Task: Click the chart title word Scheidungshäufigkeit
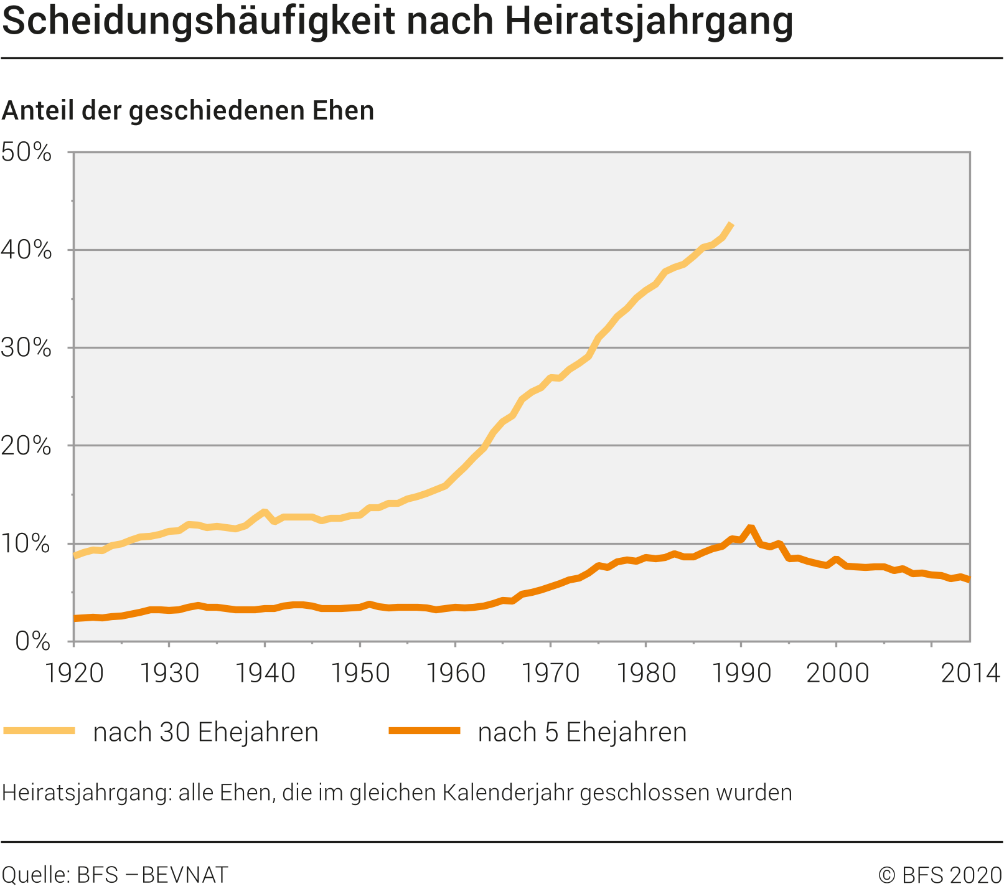(199, 21)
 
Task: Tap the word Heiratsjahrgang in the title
(649, 21)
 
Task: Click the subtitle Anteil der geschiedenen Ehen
(188, 111)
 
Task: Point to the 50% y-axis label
(26, 153)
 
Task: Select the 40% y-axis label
(26, 250)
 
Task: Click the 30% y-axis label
(26, 348)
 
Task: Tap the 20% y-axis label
(26, 446)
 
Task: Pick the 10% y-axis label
(26, 544)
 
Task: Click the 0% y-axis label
(32, 641)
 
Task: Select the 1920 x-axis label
(75, 674)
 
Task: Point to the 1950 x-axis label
(360, 674)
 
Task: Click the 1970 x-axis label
(550, 674)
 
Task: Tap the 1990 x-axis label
(741, 674)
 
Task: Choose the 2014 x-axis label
(970, 674)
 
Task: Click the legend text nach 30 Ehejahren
(205, 732)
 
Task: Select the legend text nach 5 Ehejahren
(582, 732)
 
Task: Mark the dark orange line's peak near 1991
(751, 529)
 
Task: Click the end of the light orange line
(731, 224)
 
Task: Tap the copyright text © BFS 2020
(940, 875)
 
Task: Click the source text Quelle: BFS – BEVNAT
(115, 875)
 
